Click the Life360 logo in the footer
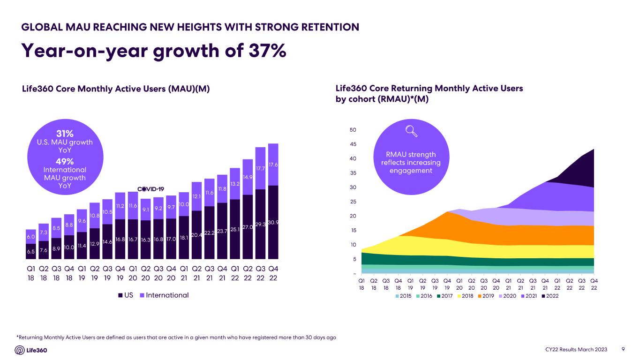pos(31,350)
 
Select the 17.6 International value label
pos(273,165)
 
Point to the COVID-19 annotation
pos(150,189)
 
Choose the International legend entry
pos(164,295)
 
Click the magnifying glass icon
pos(411,132)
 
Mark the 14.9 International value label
pos(248,177)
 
